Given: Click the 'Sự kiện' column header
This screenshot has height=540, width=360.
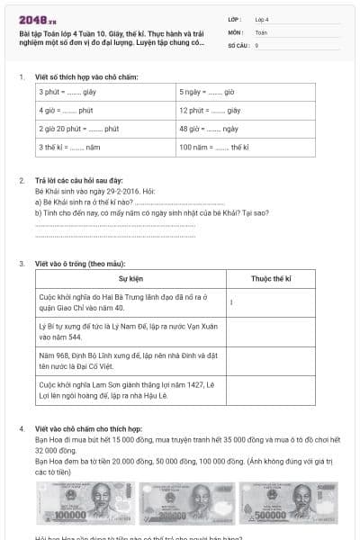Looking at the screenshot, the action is pos(131,280).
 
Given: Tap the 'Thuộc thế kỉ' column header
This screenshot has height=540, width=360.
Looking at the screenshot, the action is pos(271,280).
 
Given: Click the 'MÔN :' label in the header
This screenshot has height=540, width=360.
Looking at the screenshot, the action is pos(236,31).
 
